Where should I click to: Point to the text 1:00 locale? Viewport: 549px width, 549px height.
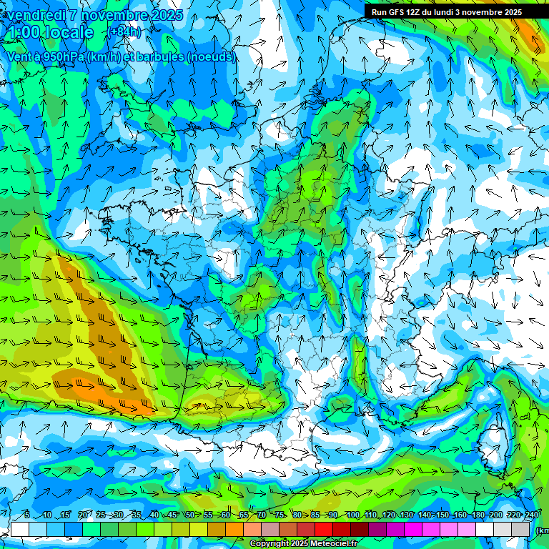pyautogui.click(x=50, y=32)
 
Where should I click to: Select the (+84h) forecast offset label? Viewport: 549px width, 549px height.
pyautogui.click(x=125, y=32)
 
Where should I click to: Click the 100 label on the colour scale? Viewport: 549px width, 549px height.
pyautogui.click(x=352, y=515)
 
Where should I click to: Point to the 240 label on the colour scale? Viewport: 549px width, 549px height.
pyautogui.click(x=532, y=515)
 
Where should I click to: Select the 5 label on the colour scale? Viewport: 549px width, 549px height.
pyautogui.click(x=27, y=515)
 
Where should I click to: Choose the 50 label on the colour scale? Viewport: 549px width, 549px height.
pyautogui.click(x=189, y=515)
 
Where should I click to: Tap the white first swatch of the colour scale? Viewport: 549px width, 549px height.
pyautogui.click(x=20, y=530)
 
